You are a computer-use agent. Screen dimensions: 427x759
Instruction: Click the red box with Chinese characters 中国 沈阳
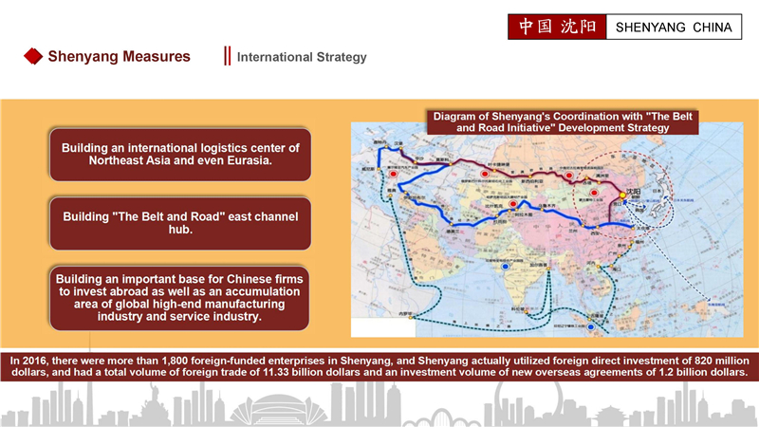556,27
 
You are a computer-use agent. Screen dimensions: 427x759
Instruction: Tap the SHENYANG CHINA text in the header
674,28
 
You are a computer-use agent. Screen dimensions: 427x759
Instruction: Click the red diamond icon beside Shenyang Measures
33,57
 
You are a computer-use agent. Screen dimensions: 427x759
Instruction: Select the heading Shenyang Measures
119,57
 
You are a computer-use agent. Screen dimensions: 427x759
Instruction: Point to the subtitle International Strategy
302,58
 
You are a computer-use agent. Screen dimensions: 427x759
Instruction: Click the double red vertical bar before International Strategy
227,57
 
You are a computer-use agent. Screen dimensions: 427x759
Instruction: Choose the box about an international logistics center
180,155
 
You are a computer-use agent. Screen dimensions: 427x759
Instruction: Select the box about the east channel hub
180,223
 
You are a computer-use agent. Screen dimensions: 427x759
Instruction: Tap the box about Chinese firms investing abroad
180,297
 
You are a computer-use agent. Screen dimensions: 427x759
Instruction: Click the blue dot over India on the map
506,267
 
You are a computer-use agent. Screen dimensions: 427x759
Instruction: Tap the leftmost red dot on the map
392,175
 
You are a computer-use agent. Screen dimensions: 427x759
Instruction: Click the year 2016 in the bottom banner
37,360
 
